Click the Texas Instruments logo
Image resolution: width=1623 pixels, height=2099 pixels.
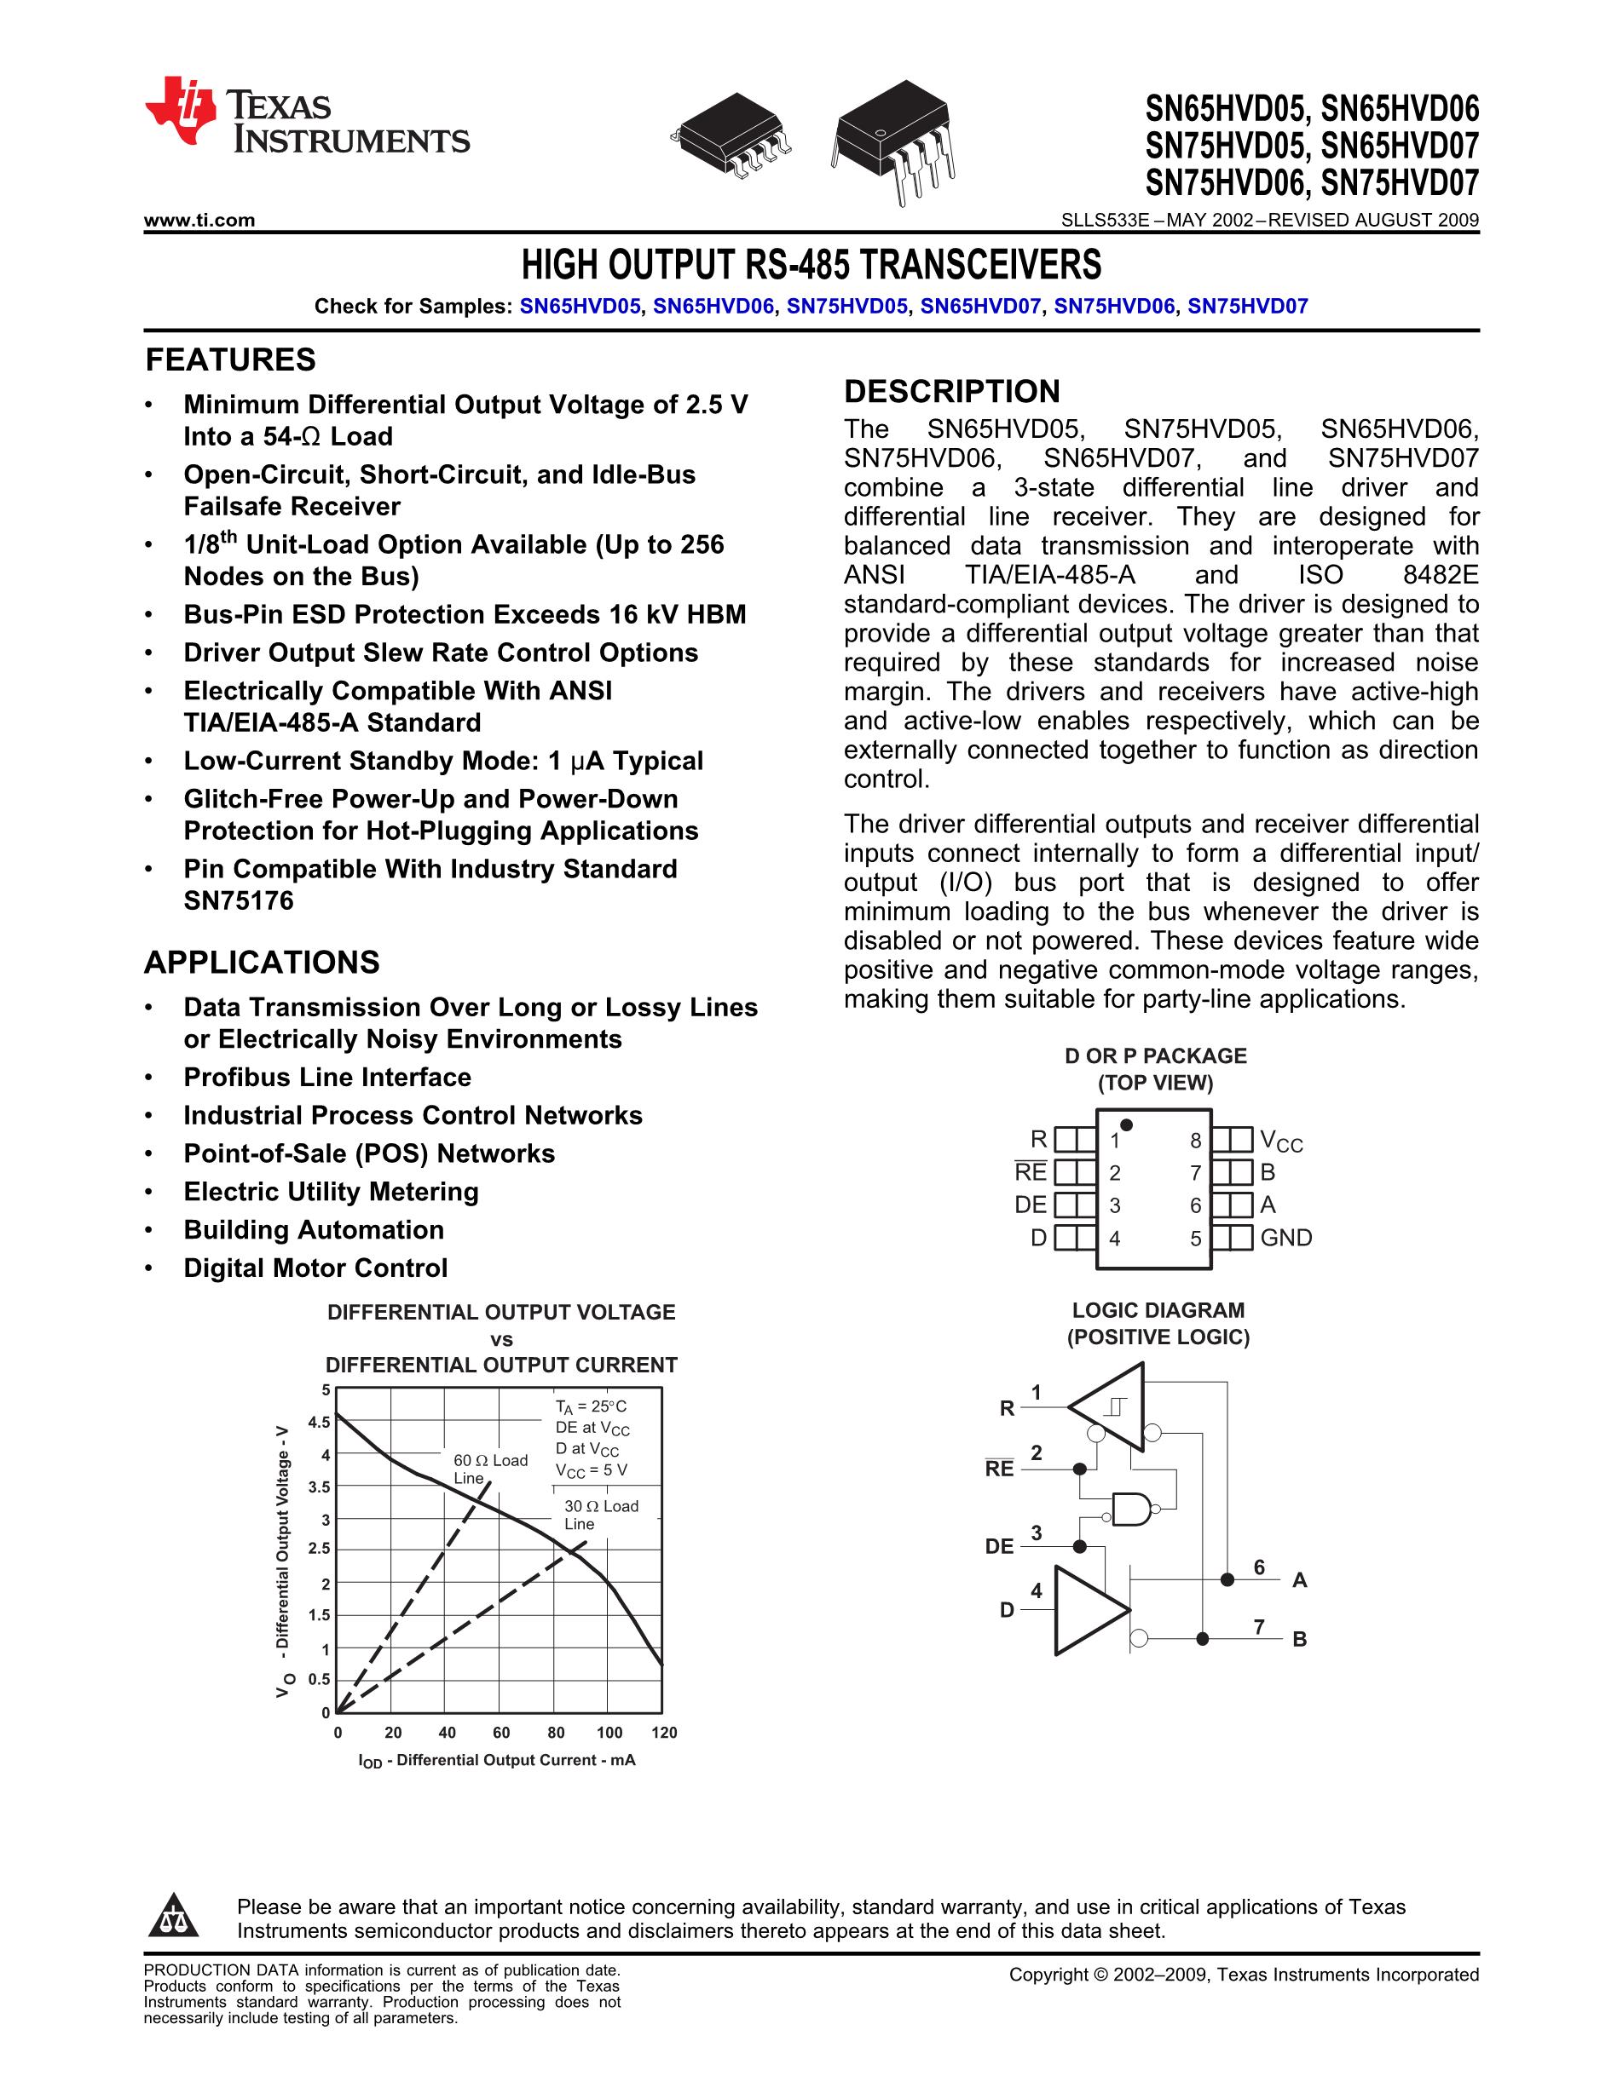306,115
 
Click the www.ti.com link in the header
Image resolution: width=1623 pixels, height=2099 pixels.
199,220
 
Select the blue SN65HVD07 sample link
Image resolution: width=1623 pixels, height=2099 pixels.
979,307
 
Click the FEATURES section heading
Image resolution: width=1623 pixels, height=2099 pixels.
230,359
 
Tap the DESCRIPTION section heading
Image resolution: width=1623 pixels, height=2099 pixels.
951,391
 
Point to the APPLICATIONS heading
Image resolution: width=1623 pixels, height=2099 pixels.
262,962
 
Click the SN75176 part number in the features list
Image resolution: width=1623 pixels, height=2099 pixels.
239,900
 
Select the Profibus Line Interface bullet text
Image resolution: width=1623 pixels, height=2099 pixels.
327,1078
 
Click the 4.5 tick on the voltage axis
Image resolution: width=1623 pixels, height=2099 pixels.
319,1423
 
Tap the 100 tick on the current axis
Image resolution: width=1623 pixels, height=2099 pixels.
609,1733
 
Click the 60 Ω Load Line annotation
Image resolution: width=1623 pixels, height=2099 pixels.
489,1469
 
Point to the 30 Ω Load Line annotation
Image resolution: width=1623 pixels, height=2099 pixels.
600,1515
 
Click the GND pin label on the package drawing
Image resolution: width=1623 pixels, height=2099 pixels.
1285,1238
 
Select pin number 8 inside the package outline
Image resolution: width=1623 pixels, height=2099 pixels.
1195,1141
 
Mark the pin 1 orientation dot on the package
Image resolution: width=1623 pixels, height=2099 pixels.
1126,1124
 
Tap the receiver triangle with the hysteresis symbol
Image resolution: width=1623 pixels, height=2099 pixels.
1111,1406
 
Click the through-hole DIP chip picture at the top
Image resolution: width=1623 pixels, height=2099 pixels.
893,140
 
